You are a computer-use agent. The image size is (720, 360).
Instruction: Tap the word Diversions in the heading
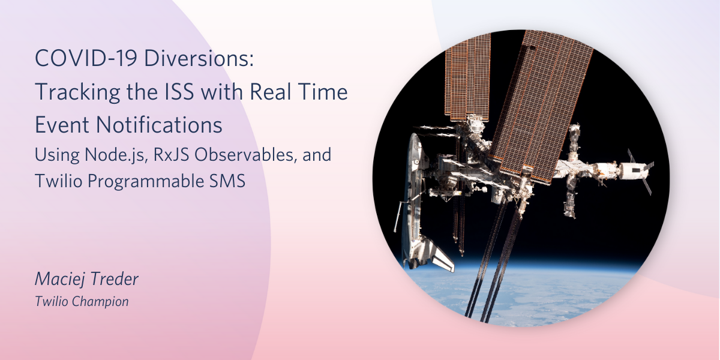click(199, 58)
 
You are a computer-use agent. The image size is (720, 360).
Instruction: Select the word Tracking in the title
click(77, 92)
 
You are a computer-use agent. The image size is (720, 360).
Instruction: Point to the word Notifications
click(159, 125)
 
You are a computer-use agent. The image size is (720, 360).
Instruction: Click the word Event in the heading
click(62, 125)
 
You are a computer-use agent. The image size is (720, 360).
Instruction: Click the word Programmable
click(145, 182)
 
